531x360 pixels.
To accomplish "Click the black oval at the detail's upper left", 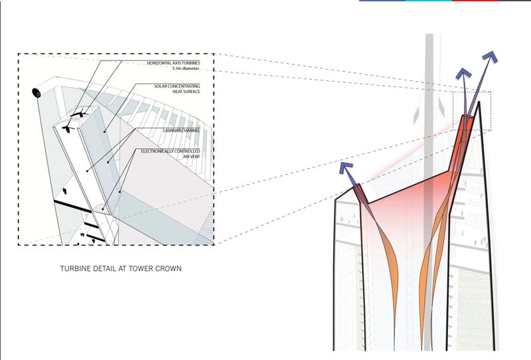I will pyautogui.click(x=35, y=92).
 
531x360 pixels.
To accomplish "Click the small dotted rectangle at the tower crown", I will pyautogui.click(x=472, y=110).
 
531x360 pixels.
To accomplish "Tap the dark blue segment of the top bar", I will pyautogui.click(x=382, y=1).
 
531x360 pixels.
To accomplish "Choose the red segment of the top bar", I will pyautogui.click(x=475, y=1).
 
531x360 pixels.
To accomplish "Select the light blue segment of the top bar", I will pyautogui.click(x=428, y=1).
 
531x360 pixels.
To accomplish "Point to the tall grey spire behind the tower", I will pyautogui.click(x=428, y=100).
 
